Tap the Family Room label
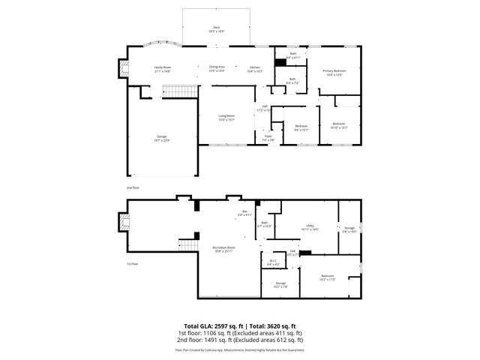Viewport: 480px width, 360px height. tap(163, 68)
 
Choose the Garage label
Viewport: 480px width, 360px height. tap(161, 139)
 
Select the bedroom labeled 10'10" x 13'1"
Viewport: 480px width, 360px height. tap(338, 125)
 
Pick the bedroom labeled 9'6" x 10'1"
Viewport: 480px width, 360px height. tap(301, 127)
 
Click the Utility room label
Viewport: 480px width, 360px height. tap(310, 226)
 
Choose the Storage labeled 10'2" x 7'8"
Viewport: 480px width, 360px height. tap(280, 284)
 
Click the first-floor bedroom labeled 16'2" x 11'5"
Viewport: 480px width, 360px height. tap(328, 277)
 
